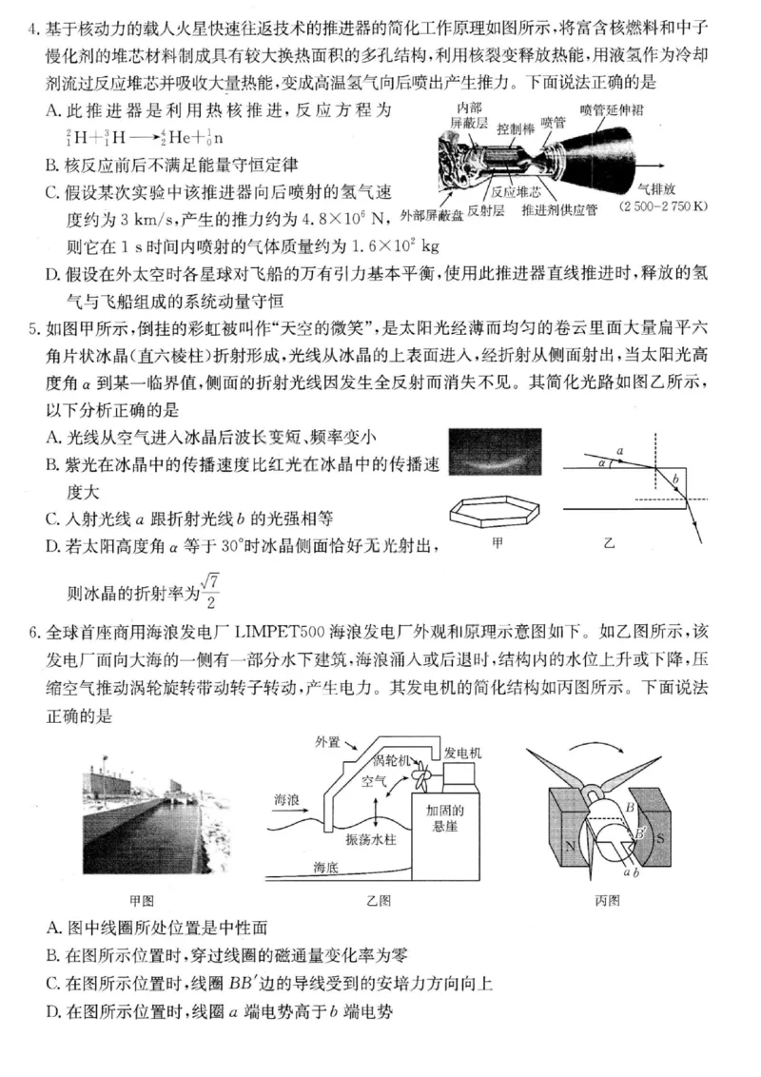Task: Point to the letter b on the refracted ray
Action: click(x=674, y=478)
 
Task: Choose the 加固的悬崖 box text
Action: click(x=443, y=818)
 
